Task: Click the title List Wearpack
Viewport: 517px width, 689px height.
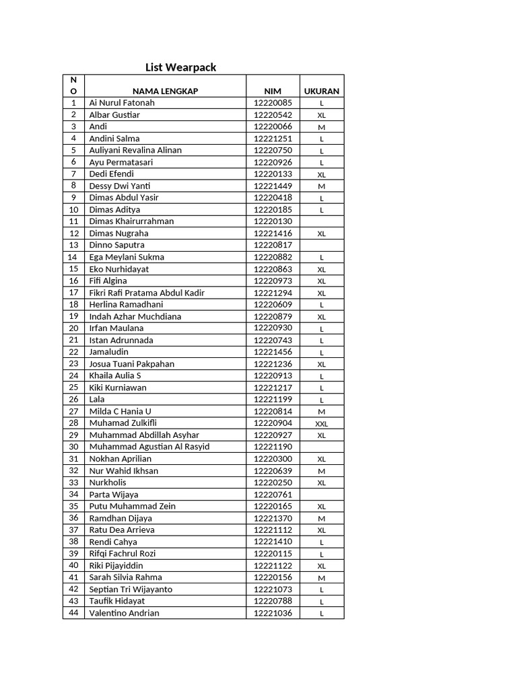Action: coord(181,67)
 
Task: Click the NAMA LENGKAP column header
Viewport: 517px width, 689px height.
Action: coord(165,91)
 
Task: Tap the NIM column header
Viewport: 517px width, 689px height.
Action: coord(273,91)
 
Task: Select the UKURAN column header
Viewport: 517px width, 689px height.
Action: coord(322,91)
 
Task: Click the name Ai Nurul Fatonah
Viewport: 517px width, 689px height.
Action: coord(122,103)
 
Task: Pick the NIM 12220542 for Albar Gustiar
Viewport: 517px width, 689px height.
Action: coord(273,115)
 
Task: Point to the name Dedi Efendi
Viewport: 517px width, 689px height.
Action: coord(112,174)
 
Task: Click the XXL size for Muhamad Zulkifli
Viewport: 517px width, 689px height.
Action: coord(322,423)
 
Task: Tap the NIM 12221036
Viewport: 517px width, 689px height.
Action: coord(273,613)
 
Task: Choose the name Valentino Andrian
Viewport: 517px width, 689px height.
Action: coord(125,613)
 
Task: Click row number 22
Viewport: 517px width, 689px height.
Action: coord(73,352)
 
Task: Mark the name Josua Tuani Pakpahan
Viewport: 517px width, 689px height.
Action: coord(132,364)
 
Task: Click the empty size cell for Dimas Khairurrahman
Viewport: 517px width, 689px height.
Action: coord(322,221)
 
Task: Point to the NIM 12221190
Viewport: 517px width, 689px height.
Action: coord(273,447)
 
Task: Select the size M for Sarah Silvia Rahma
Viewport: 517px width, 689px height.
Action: coord(322,578)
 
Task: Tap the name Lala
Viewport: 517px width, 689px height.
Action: coord(97,400)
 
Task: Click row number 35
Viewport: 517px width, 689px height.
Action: coord(73,506)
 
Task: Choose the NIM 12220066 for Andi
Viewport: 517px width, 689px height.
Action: coord(273,126)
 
